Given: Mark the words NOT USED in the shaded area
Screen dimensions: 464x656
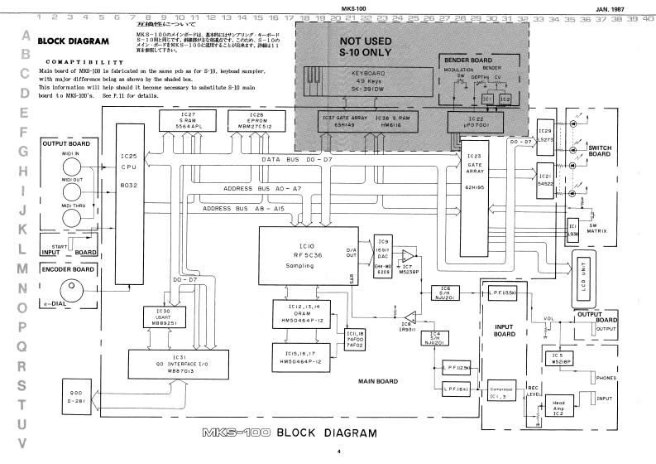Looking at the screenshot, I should (x=369, y=42).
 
